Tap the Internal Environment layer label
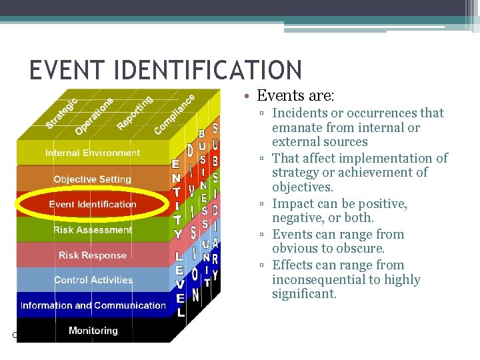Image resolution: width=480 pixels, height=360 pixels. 93,153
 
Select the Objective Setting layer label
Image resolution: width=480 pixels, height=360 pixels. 93,179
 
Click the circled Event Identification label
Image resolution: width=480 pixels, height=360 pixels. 93,205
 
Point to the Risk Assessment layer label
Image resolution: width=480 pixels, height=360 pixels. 93,230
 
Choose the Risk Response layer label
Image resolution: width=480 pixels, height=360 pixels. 93,255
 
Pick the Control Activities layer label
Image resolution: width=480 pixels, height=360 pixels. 93,280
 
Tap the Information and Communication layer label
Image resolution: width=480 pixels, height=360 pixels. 93,305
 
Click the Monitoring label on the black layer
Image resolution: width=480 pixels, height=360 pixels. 93,331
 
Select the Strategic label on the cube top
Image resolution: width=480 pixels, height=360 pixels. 61,114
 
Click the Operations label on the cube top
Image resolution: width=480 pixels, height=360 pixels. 93,115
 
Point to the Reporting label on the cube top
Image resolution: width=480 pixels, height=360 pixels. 135,113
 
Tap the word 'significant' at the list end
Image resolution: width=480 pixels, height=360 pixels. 303,294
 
